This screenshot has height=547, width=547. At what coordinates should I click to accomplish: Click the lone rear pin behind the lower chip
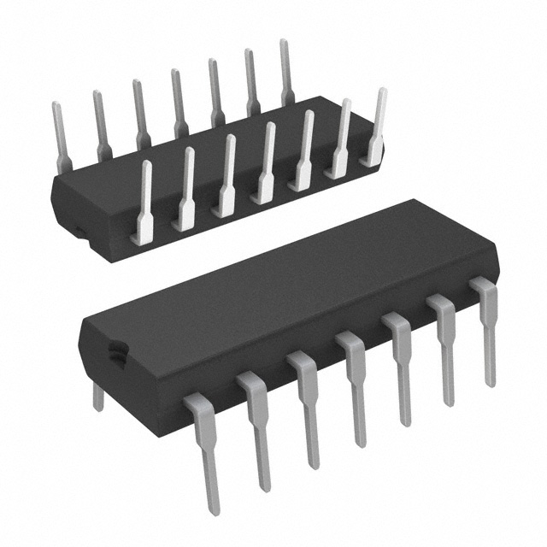tap(97, 396)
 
